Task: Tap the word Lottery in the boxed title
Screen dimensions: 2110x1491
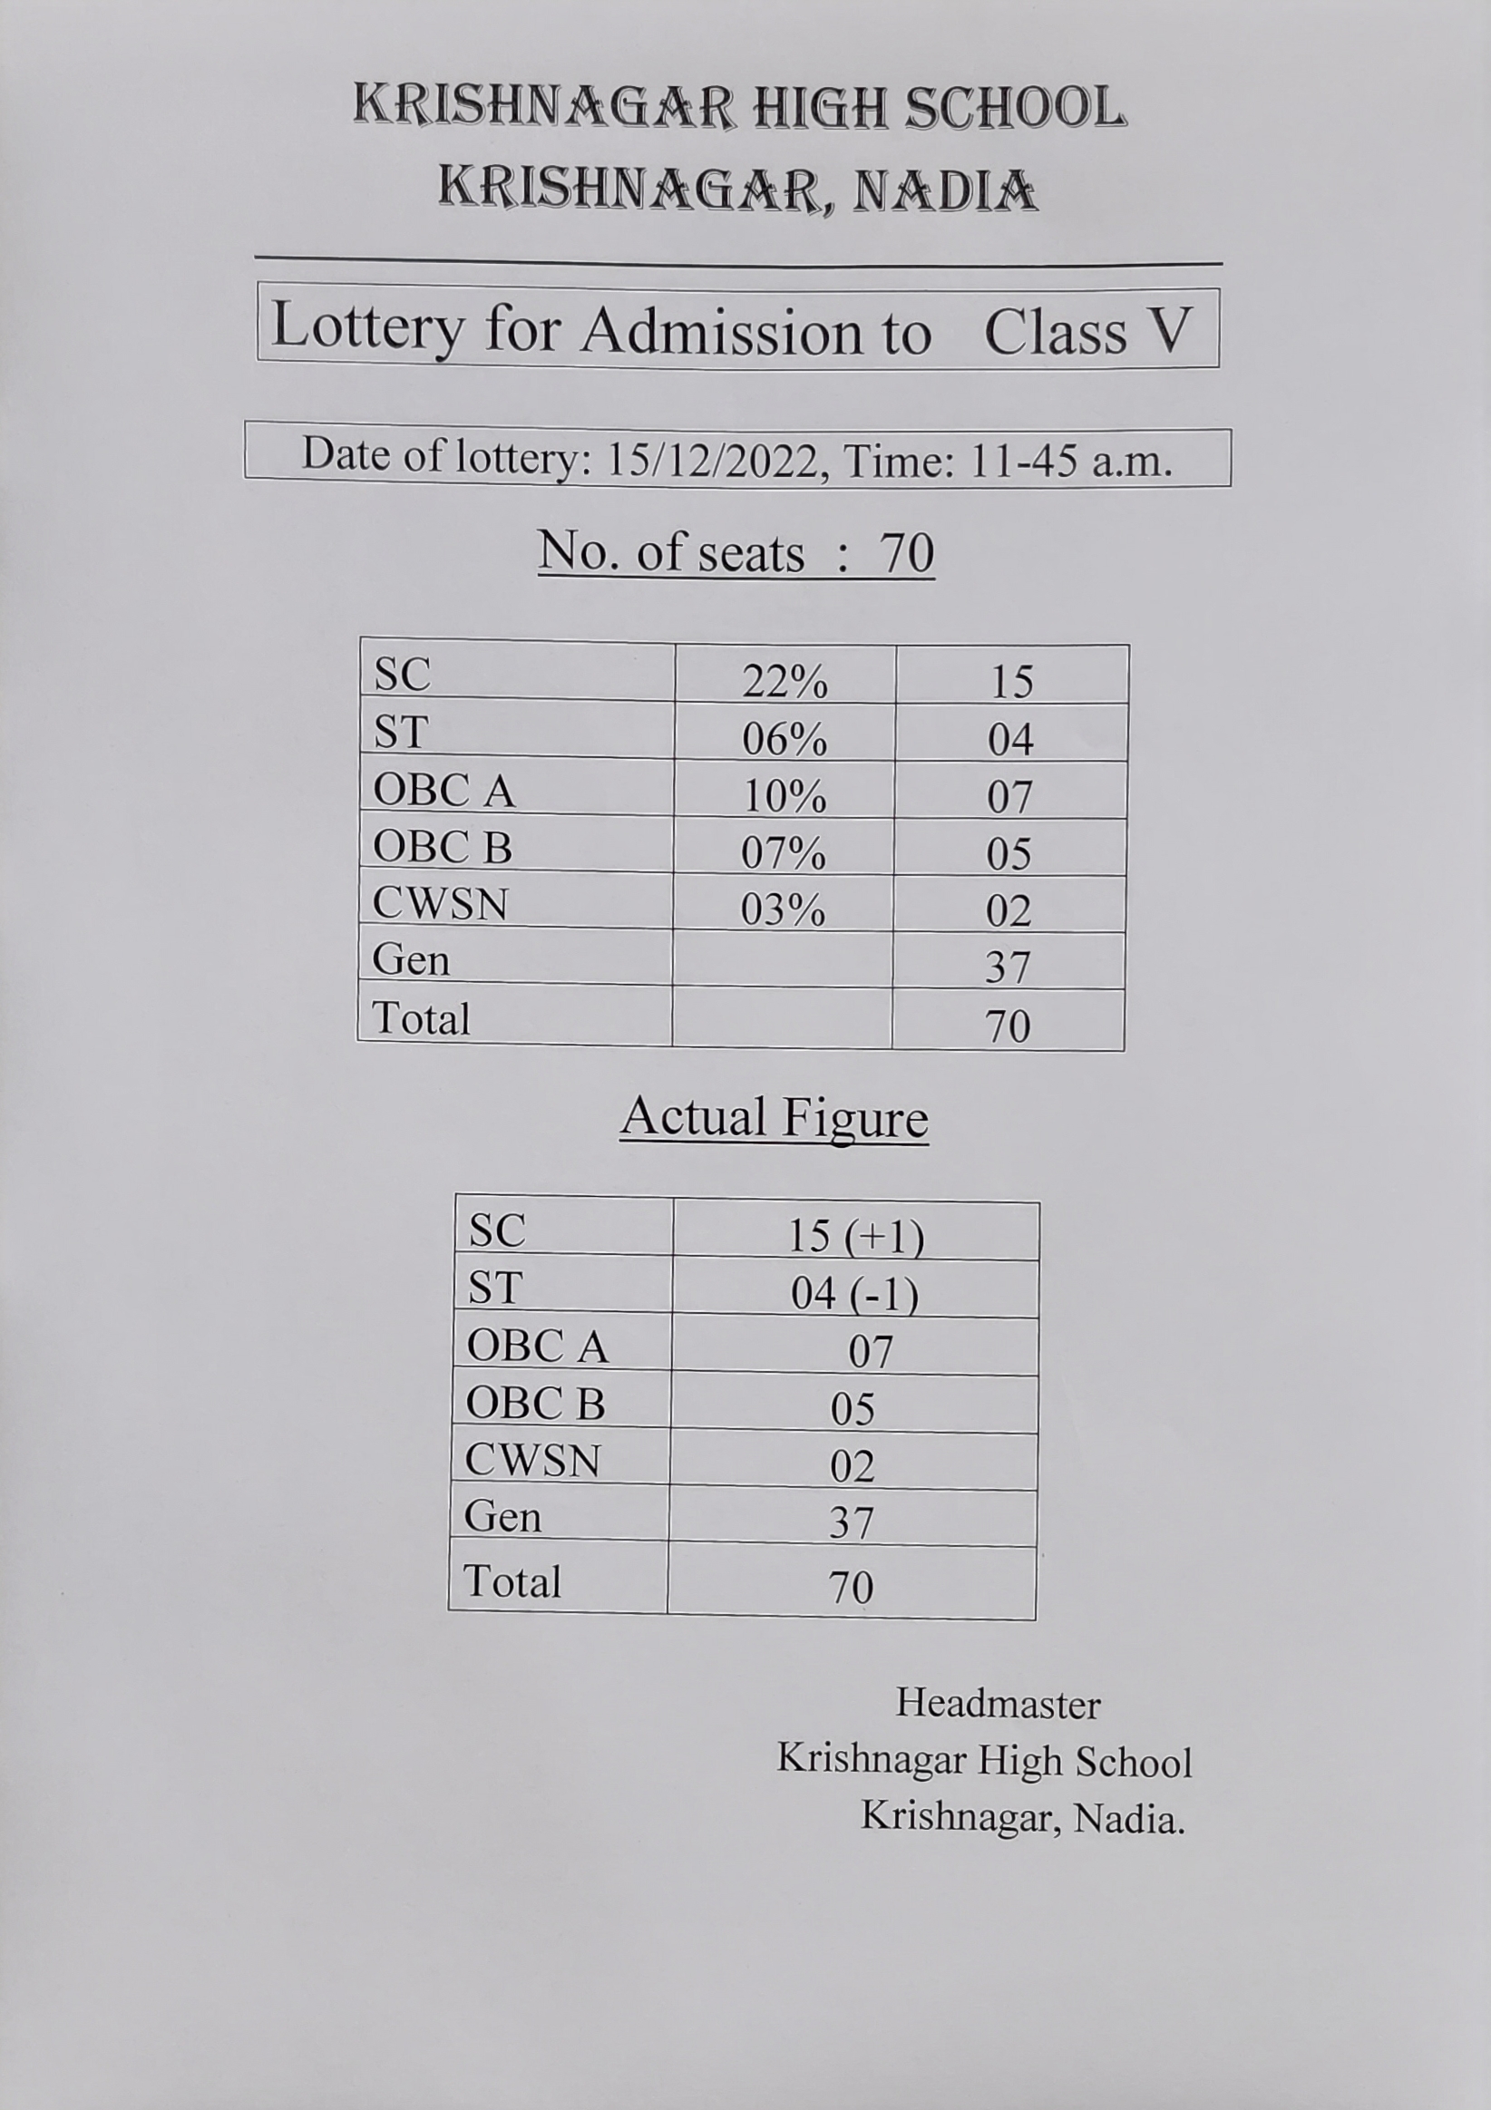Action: (x=368, y=328)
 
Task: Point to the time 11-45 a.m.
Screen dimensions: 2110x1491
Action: (x=1071, y=461)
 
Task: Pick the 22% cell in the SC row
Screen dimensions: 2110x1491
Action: (x=784, y=681)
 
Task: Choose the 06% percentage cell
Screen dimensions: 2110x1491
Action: (x=784, y=739)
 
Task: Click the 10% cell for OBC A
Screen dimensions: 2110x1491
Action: (x=784, y=796)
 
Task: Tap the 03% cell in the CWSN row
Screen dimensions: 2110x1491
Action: (x=783, y=909)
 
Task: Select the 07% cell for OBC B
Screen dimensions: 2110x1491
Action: (x=784, y=853)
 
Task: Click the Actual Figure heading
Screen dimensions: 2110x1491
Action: (x=774, y=1117)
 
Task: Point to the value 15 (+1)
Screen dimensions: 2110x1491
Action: (x=855, y=1236)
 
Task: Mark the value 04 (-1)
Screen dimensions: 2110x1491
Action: (x=854, y=1294)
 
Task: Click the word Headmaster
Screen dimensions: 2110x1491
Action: (x=999, y=1704)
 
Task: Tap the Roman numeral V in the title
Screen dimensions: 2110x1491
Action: (x=1171, y=330)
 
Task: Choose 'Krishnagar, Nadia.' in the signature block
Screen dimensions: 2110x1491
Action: (x=1022, y=1817)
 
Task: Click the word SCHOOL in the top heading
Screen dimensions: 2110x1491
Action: (x=1015, y=109)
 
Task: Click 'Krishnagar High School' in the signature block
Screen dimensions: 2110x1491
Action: (x=985, y=1761)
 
